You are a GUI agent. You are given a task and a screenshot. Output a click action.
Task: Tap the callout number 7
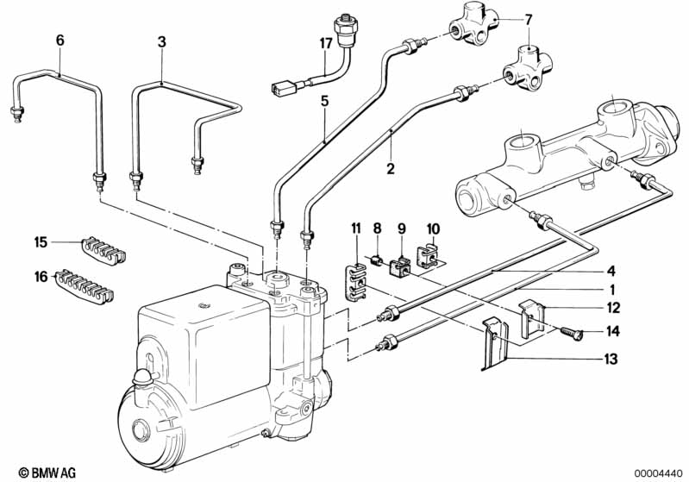tap(529, 18)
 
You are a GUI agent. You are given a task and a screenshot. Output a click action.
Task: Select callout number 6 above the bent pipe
tap(60, 40)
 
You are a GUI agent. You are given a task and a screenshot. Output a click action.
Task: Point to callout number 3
tap(161, 40)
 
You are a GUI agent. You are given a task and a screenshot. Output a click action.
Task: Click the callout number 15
tap(40, 241)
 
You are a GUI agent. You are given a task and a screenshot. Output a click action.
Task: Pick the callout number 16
tap(40, 276)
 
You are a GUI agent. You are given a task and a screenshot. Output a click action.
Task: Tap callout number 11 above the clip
tap(355, 228)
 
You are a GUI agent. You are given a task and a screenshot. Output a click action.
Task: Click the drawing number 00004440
tap(658, 471)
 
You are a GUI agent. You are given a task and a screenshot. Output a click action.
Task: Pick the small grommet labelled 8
tap(376, 259)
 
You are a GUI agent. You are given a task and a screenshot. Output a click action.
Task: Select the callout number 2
tap(391, 169)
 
